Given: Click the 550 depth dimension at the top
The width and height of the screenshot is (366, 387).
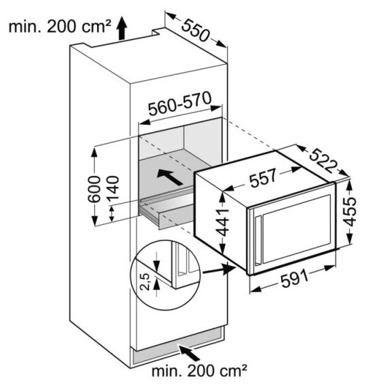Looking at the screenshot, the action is click(x=196, y=31).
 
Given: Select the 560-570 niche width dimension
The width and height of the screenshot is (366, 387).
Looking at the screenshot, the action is click(x=180, y=104).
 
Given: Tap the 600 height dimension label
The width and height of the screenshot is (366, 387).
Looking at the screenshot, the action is click(x=95, y=189).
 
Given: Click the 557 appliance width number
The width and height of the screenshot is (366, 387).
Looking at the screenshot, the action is click(x=262, y=178).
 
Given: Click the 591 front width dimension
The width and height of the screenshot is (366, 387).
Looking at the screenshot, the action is click(x=295, y=278).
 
